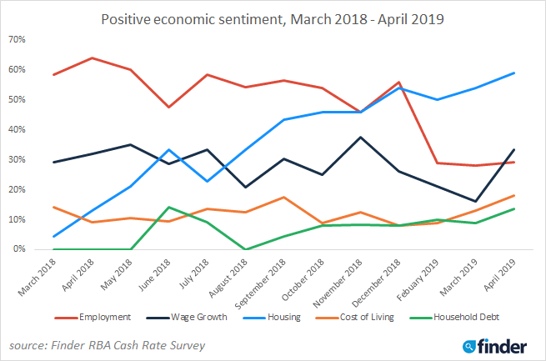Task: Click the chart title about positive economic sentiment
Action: pos(273,18)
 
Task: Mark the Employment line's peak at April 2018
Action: pos(91,58)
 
